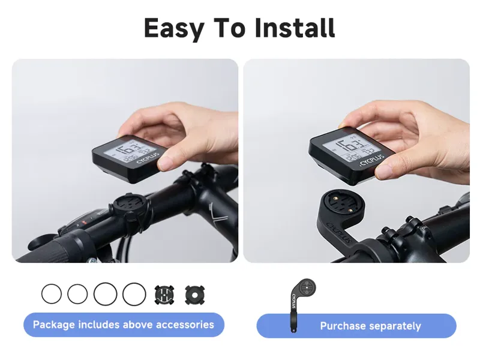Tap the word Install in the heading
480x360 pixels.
pos(295,28)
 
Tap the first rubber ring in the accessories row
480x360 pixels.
pos(52,294)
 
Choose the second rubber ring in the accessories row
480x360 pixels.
pos(77,294)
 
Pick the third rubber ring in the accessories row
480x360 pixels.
pos(105,294)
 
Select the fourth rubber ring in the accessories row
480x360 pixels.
pos(134,294)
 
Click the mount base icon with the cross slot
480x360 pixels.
pos(164,294)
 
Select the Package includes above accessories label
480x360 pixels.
pos(124,325)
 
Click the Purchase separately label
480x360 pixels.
pos(370,326)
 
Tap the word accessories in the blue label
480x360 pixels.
pos(185,325)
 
